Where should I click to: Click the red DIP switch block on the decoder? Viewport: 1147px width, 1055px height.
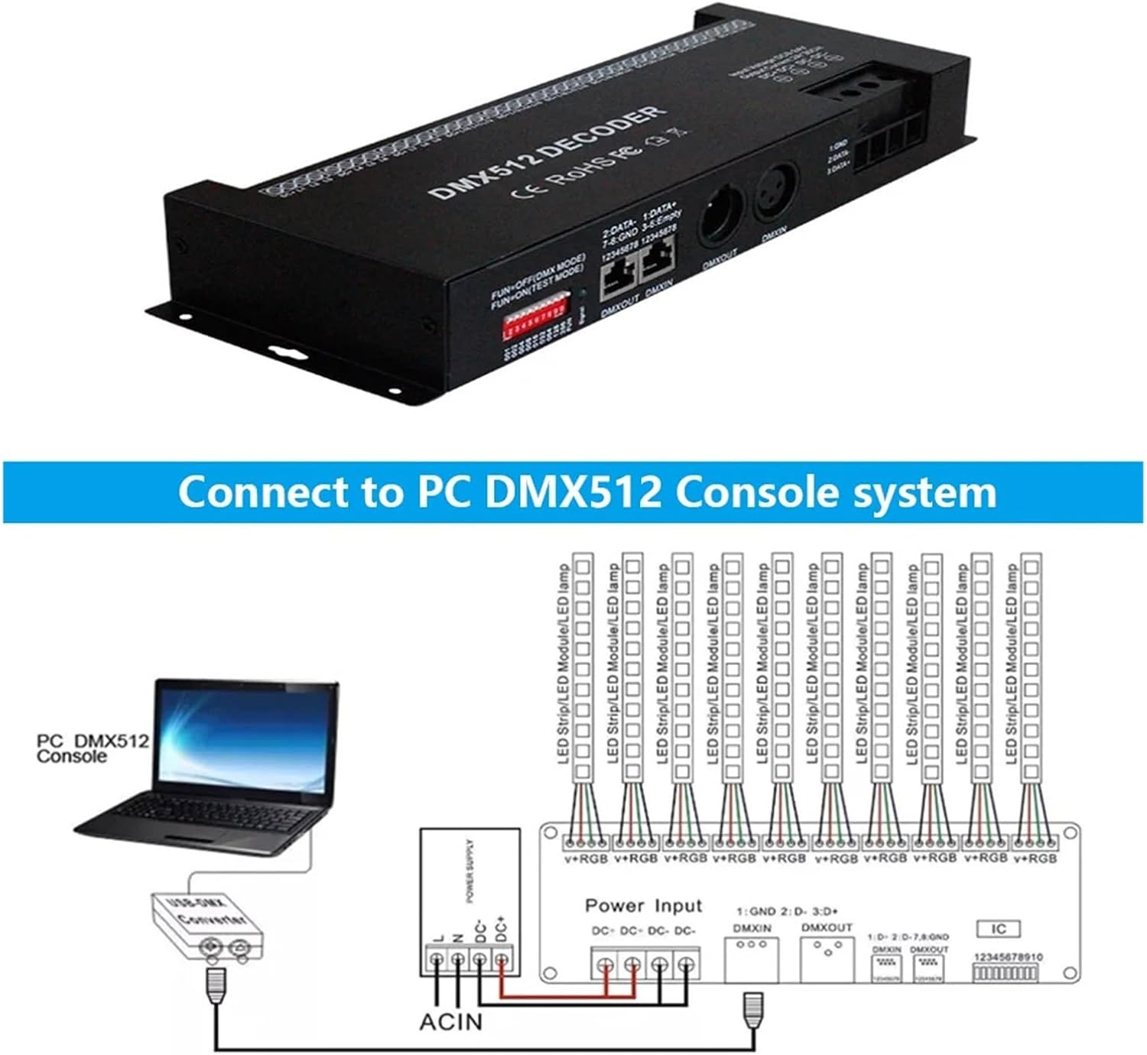pyautogui.click(x=533, y=322)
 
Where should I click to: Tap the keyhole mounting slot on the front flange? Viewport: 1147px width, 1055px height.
pyautogui.click(x=288, y=354)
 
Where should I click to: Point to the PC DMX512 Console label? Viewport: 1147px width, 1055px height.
pyautogui.click(x=92, y=748)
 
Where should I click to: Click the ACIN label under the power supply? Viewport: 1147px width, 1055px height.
pyautogui.click(x=451, y=1021)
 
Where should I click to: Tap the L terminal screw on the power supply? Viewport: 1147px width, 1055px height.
pyautogui.click(x=436, y=959)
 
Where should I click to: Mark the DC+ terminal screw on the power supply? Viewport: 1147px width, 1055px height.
pyautogui.click(x=501, y=959)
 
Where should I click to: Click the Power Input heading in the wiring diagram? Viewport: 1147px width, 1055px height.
pyautogui.click(x=643, y=906)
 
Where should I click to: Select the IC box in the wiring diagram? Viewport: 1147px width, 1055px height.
pyautogui.click(x=999, y=929)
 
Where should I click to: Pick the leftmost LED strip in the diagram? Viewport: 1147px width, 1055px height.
pyautogui.click(x=583, y=665)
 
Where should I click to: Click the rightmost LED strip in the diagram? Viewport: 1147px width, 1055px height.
pyautogui.click(x=1032, y=665)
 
